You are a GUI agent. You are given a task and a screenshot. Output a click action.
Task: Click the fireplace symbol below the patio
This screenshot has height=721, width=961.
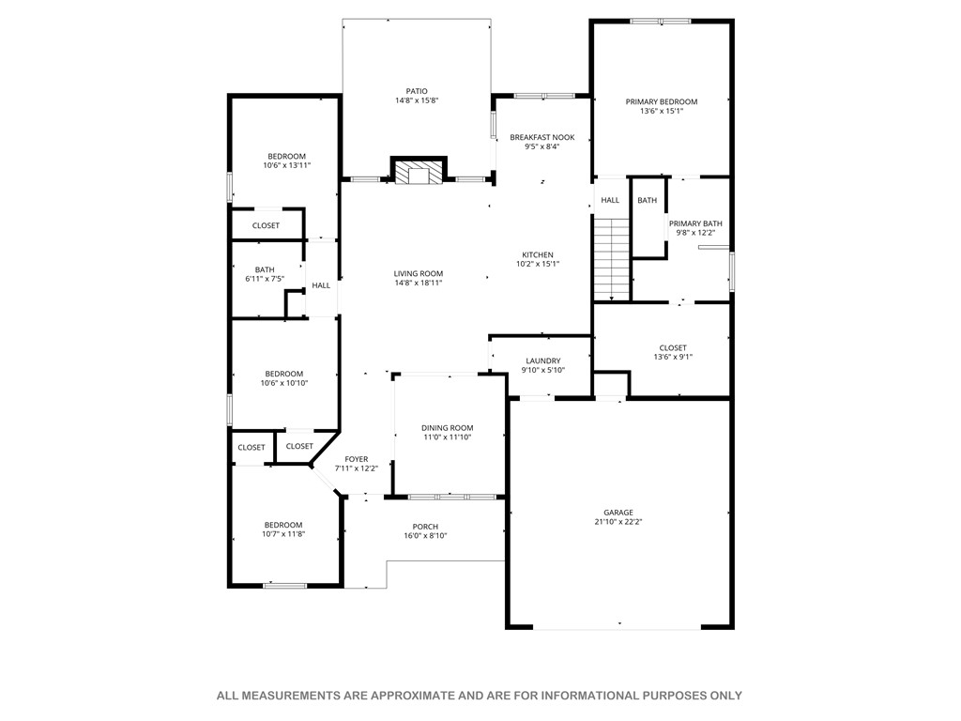coord(417,172)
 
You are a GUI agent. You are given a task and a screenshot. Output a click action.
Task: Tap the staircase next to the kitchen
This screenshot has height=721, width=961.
coord(611,259)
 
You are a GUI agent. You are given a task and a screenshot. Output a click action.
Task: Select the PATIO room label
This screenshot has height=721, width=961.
coord(417,91)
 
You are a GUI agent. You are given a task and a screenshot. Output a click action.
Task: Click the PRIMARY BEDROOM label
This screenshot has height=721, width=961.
coord(662,101)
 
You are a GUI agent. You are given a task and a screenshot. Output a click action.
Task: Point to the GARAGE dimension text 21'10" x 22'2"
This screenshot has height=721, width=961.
coord(618,522)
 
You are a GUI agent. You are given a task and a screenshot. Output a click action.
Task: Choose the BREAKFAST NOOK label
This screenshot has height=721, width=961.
coord(542,137)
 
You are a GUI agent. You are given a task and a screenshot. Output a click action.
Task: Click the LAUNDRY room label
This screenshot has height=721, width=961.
coord(542,360)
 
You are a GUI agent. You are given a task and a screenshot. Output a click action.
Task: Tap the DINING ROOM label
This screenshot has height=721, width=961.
coord(447,428)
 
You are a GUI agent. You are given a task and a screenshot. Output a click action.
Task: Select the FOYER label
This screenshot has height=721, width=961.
coord(357,459)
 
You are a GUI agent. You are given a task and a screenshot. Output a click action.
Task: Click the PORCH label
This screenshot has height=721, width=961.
coord(425,527)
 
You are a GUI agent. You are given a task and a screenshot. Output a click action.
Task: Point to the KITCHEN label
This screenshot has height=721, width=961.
coord(538,254)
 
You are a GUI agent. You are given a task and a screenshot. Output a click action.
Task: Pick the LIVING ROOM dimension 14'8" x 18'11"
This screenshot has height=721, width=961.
coord(418,283)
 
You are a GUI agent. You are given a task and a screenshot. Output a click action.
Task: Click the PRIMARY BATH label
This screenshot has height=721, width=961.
coord(695,223)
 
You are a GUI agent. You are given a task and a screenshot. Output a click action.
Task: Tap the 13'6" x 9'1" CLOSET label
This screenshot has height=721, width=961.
coord(673,357)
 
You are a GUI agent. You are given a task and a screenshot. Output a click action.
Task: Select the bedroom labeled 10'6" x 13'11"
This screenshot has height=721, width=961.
coord(286,161)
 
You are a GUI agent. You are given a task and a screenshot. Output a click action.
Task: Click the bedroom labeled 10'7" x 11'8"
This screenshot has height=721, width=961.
coord(283,529)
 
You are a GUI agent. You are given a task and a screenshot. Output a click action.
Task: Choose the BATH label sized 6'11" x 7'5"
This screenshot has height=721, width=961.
coord(265,274)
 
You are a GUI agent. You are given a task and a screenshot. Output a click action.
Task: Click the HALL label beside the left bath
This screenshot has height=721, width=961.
coord(321,285)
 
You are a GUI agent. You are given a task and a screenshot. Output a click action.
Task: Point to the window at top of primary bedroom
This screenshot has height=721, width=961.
coord(660,21)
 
